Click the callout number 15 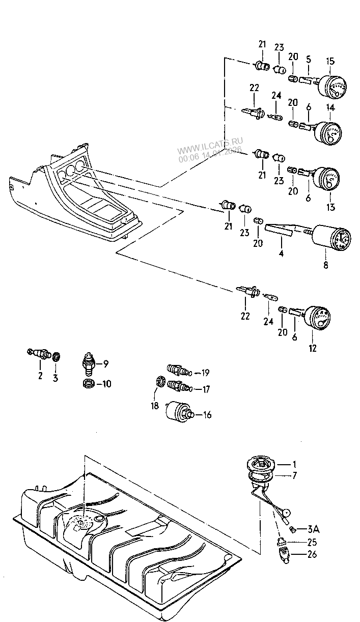coord(330,62)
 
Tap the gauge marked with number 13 coord(326,180)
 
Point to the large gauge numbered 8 coord(331,239)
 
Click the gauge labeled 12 coord(315,319)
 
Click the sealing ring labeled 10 coord(89,383)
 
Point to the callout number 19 coord(205,373)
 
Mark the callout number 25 coord(311,542)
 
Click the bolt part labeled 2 coord(40,353)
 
